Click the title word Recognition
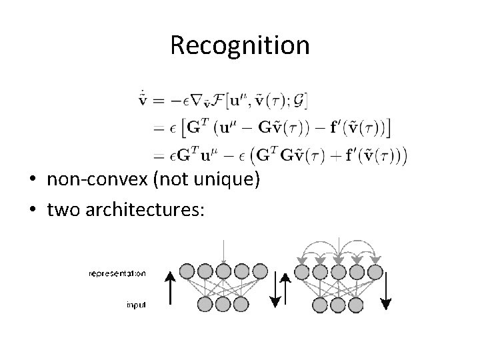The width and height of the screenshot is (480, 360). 239,45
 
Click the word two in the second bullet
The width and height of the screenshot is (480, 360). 61,209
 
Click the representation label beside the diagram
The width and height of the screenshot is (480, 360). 117,273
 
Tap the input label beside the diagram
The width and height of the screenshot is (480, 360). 136,305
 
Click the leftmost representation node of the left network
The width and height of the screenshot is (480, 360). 187,272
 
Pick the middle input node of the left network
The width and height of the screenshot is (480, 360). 223,305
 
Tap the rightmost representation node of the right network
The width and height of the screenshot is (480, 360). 375,272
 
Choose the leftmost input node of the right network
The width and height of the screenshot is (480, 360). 320,305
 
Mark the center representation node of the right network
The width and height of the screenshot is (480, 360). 339,272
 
